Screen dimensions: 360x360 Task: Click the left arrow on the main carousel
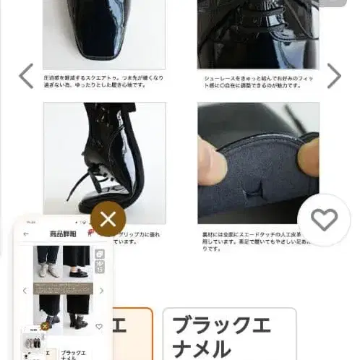click(25, 76)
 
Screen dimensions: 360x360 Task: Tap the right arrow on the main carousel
click(334, 76)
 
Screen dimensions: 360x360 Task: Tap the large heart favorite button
click(323, 220)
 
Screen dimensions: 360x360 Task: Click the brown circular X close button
click(108, 220)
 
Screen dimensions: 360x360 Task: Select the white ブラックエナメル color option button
click(229, 334)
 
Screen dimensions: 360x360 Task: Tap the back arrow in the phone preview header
click(27, 234)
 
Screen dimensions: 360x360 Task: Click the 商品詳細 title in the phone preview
click(61, 234)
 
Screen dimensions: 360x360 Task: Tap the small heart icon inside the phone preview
click(98, 327)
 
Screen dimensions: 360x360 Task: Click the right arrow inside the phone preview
click(101, 291)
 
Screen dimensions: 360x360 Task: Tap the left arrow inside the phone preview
click(25, 291)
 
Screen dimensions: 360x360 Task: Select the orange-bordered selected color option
click(134, 333)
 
